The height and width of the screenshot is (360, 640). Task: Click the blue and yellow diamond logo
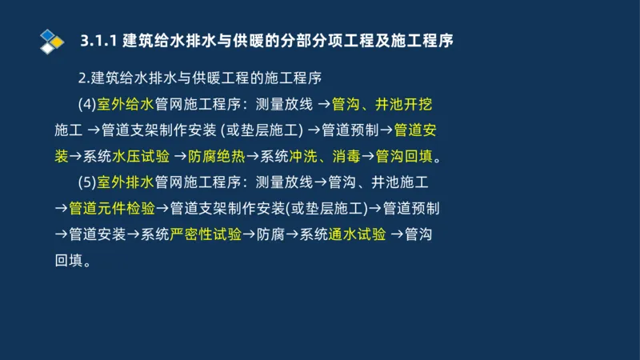click(50, 40)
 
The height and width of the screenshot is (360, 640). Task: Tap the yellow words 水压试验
click(142, 156)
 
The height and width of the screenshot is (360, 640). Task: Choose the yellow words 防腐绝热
click(217, 156)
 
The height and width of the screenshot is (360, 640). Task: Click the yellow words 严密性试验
click(206, 235)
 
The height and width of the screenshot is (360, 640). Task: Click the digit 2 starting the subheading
click(82, 78)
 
